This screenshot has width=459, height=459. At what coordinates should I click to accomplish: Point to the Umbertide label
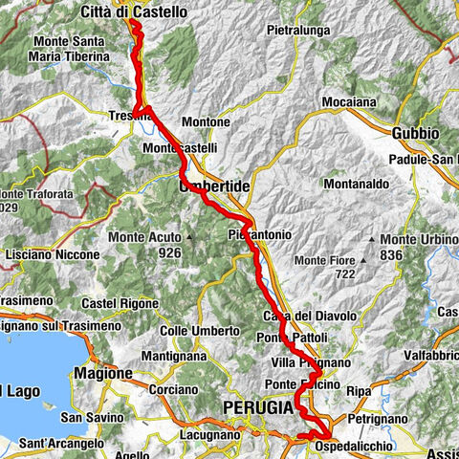pos(214,187)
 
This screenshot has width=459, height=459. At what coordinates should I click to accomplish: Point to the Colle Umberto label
pos(200,331)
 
